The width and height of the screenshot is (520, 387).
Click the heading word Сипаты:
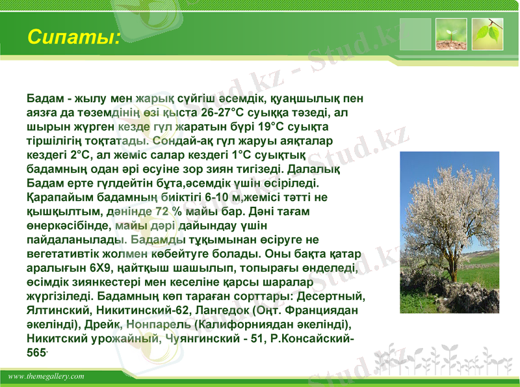pos(73,36)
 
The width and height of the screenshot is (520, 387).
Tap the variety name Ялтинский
pos(56,310)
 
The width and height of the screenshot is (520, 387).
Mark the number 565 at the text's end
pos(36,353)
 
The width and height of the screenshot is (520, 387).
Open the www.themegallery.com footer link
pos(46,377)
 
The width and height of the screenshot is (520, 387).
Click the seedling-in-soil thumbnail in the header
pos(451,34)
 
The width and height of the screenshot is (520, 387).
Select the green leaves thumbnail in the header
pos(487,34)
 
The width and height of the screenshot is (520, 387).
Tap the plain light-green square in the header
pos(415,34)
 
